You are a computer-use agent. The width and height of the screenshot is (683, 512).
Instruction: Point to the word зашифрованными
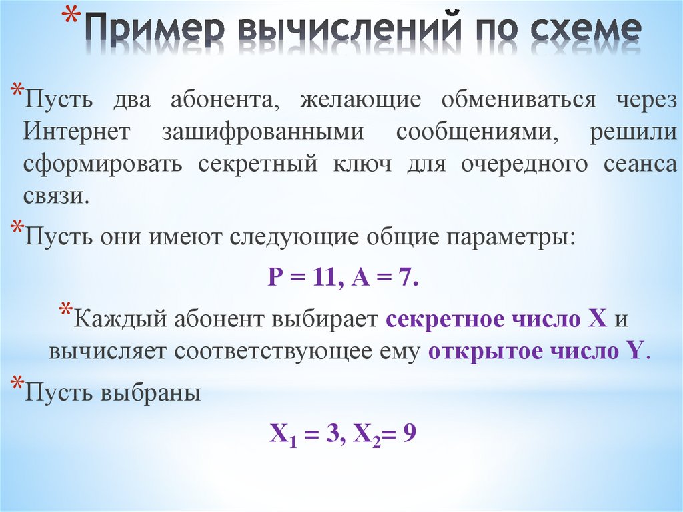pos(263,132)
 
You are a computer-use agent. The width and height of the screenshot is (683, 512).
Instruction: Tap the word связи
pos(55,196)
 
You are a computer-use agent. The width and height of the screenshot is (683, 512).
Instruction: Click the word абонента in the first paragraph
pos(223,100)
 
